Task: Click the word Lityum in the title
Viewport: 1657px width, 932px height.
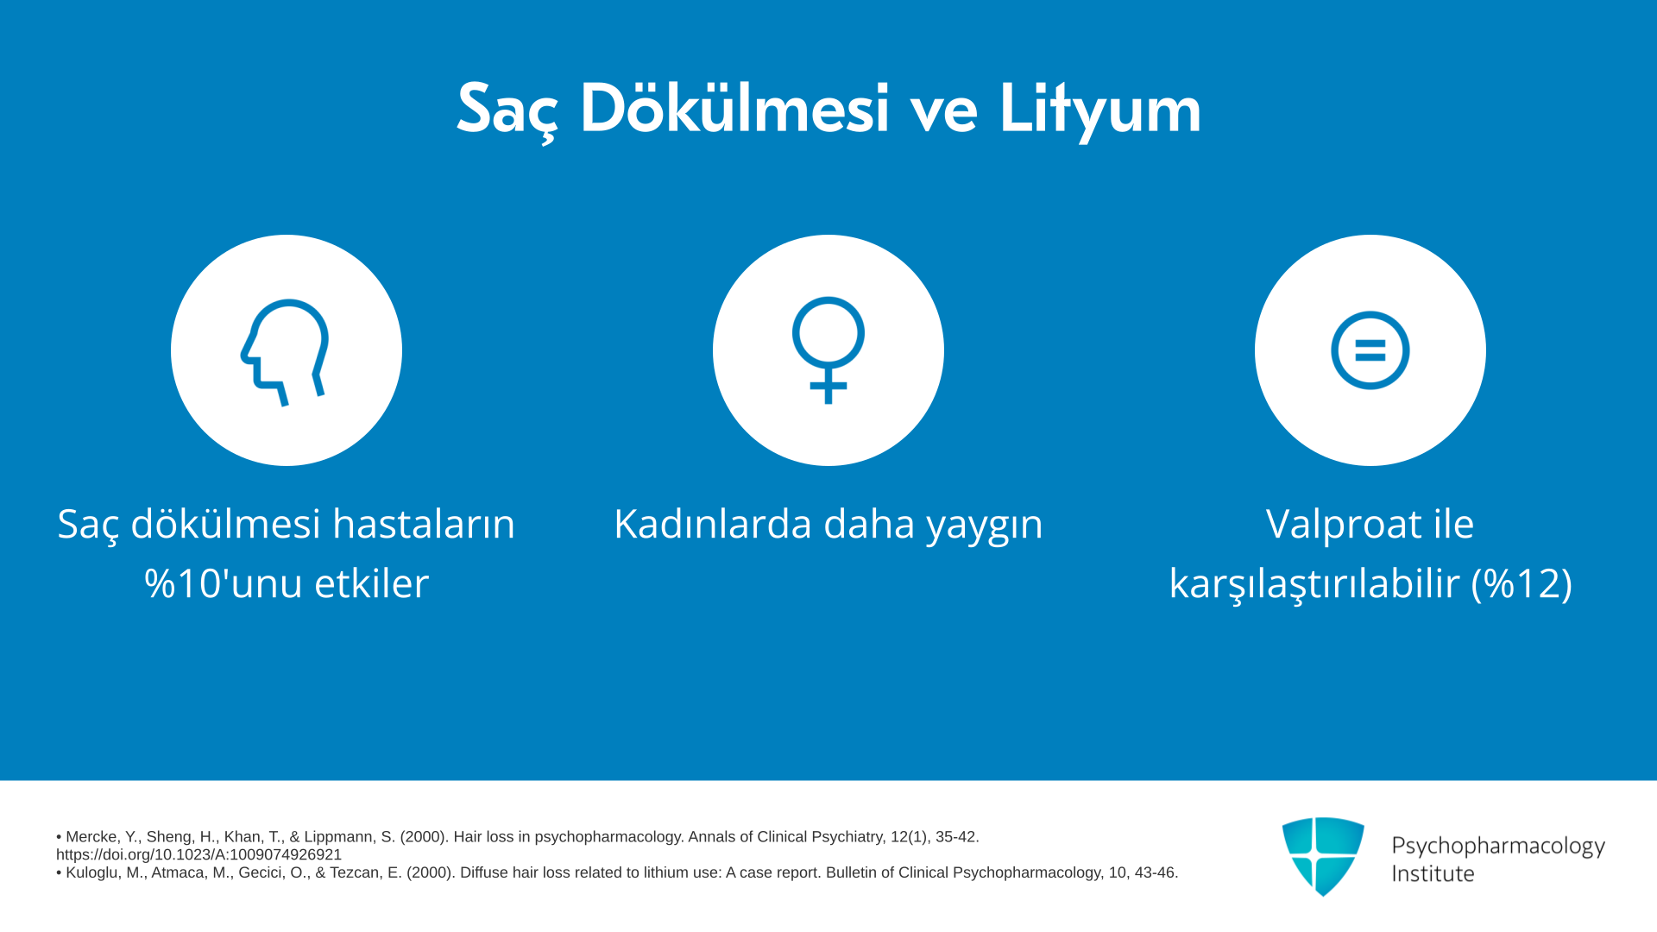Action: [1100, 110]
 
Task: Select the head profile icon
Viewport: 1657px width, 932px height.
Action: [285, 351]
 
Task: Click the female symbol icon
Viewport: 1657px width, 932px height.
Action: [828, 350]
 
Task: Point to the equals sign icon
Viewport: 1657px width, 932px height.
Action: [1370, 350]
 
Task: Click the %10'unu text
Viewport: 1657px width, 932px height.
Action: [223, 583]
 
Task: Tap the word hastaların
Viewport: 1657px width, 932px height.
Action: [424, 524]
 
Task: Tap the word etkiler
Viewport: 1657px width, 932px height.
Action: [371, 583]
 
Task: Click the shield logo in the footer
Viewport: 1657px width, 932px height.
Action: [1323, 856]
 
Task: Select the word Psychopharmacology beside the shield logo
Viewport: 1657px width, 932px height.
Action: [1498, 847]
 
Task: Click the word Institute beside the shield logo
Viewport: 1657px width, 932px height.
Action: [1433, 874]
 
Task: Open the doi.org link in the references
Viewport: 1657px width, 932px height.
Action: [199, 855]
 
